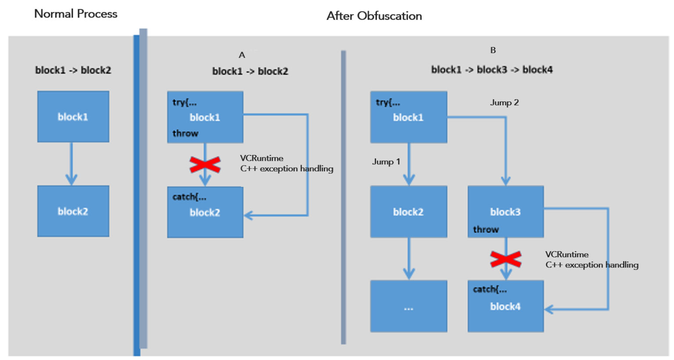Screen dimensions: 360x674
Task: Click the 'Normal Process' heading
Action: click(x=75, y=14)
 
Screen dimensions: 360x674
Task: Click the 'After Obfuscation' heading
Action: click(x=374, y=16)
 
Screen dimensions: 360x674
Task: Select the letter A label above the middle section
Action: click(x=242, y=55)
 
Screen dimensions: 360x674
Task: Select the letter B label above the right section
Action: click(x=493, y=50)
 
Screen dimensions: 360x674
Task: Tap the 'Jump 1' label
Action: click(x=386, y=162)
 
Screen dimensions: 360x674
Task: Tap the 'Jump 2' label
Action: click(x=504, y=103)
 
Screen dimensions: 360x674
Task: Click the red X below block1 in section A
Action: click(x=205, y=165)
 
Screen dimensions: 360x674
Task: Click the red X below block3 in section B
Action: click(x=505, y=259)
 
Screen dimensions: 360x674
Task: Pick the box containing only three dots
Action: click(x=409, y=306)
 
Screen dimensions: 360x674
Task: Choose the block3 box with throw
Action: click(x=505, y=212)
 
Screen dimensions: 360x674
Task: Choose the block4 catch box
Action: click(x=505, y=306)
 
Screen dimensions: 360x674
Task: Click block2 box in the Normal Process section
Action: click(x=73, y=211)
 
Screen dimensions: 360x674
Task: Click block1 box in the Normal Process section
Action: click(x=73, y=117)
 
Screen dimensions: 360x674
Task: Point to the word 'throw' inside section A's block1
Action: click(x=185, y=133)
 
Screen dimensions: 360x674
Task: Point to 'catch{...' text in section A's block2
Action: click(x=189, y=197)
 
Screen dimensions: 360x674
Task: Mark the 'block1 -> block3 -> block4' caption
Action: click(x=491, y=70)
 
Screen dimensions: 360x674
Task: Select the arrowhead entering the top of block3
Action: click(x=505, y=181)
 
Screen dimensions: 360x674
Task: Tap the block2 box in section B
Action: click(x=409, y=212)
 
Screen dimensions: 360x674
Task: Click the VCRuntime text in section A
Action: click(x=262, y=158)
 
